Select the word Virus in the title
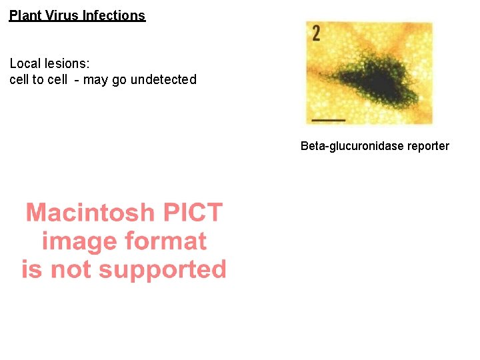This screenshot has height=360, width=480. click(61, 15)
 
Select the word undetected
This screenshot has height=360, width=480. click(163, 80)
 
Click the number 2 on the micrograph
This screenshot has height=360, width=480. click(315, 33)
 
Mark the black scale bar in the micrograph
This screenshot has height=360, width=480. click(328, 120)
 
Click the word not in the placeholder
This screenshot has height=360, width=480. click(77, 270)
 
